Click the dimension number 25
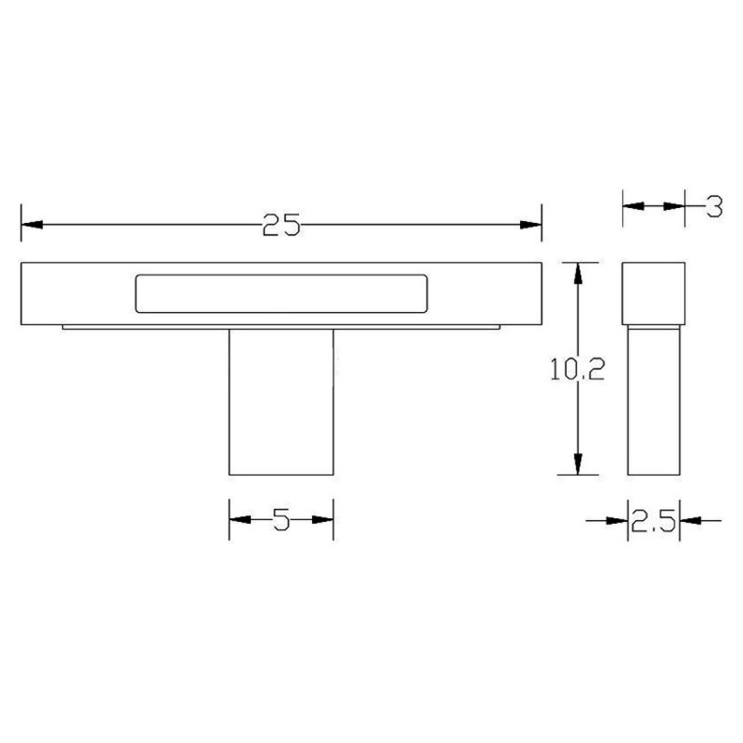[x=280, y=226]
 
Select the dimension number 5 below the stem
[x=281, y=520]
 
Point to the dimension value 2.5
[x=652, y=521]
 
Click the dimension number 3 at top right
[x=713, y=206]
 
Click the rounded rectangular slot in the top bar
[x=281, y=293]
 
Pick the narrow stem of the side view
[x=653, y=399]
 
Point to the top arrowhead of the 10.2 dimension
[x=579, y=273]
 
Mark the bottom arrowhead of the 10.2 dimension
[x=579, y=463]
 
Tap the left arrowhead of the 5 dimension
[x=240, y=520]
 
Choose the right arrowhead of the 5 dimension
[x=322, y=520]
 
